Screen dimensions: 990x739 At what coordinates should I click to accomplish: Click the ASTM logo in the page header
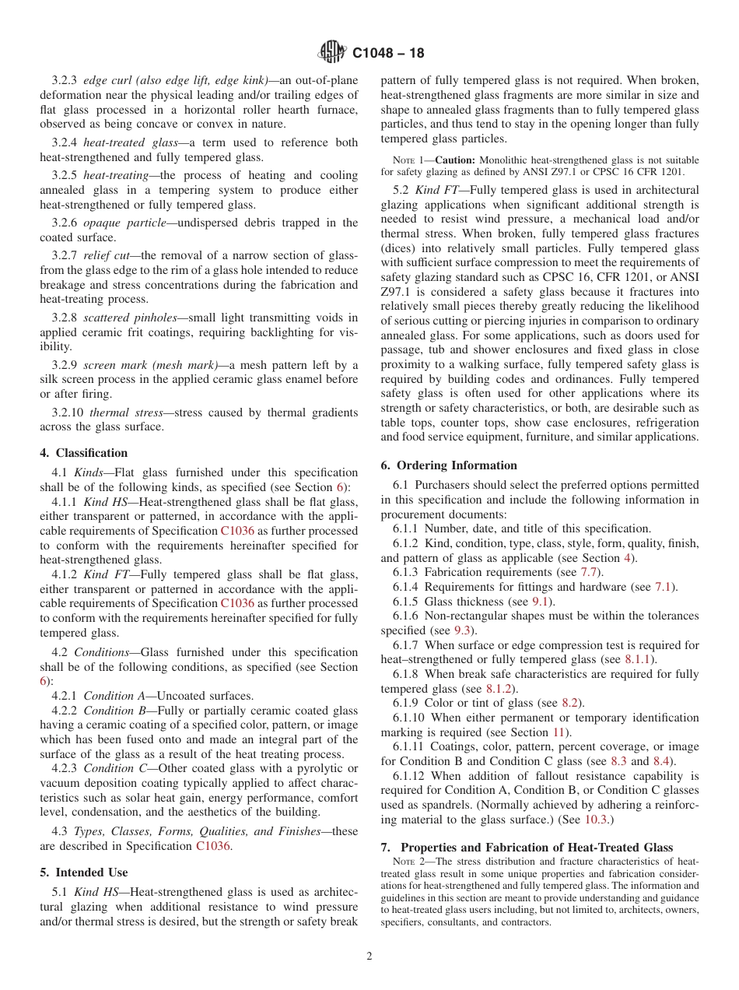pos(332,53)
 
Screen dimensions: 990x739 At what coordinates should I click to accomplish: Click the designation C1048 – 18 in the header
pos(388,54)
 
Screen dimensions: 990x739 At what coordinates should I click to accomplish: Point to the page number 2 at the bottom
pos(369,957)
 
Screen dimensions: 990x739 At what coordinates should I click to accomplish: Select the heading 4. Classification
pos(84,453)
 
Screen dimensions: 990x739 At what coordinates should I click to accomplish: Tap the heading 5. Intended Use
pos(84,872)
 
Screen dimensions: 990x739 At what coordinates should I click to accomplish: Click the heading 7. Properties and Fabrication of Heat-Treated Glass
pos(527,848)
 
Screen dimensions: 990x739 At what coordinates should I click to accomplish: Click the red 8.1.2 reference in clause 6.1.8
pos(499,689)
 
